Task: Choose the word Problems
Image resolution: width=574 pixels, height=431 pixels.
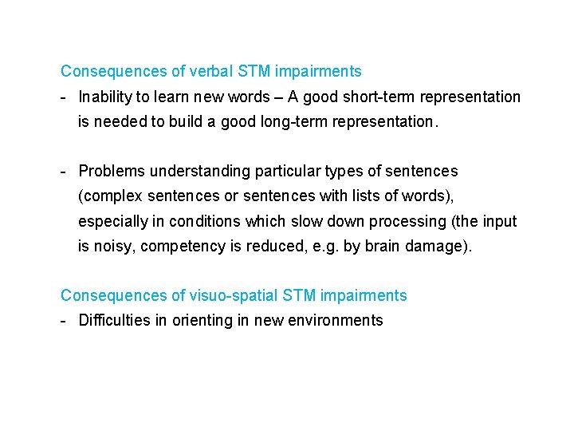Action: click(x=112, y=172)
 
